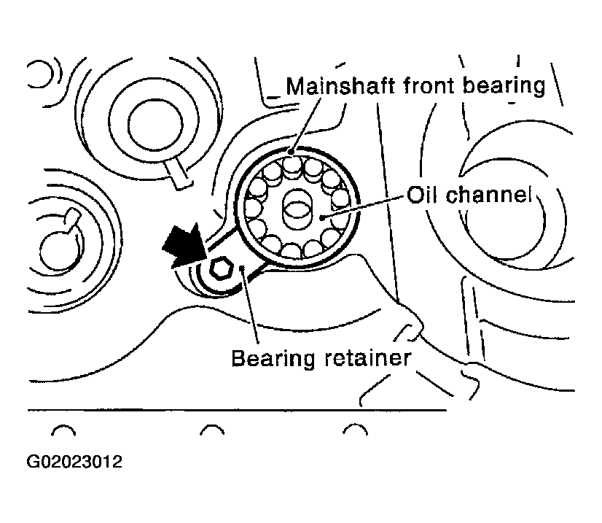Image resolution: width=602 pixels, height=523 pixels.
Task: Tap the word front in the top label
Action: coord(429,85)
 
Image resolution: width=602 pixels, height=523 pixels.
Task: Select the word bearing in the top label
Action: coord(504,87)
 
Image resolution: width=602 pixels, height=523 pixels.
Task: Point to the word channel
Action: coord(488,195)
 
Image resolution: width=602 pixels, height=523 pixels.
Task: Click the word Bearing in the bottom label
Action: coord(273,359)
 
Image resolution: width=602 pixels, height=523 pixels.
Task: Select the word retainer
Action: coord(367,357)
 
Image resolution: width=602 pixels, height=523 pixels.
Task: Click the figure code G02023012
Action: coord(74,462)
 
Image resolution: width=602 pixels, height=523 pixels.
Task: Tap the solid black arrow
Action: coord(184,245)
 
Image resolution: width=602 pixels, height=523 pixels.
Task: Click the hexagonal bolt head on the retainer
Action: coord(221,267)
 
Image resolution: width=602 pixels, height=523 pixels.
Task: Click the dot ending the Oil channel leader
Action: coord(321,218)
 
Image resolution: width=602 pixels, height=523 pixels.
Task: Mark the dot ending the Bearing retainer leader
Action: coord(242,268)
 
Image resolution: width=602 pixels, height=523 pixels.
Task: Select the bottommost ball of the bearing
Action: coord(291,250)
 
